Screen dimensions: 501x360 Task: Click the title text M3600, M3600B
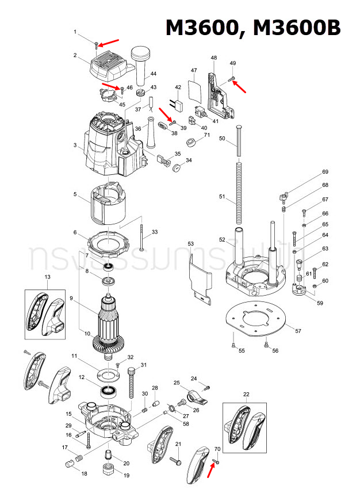click(253, 28)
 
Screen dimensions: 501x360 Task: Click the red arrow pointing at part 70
click(211, 471)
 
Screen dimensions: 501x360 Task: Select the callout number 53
click(191, 244)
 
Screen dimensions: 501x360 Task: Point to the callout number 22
click(246, 394)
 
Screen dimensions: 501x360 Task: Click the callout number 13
click(48, 277)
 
